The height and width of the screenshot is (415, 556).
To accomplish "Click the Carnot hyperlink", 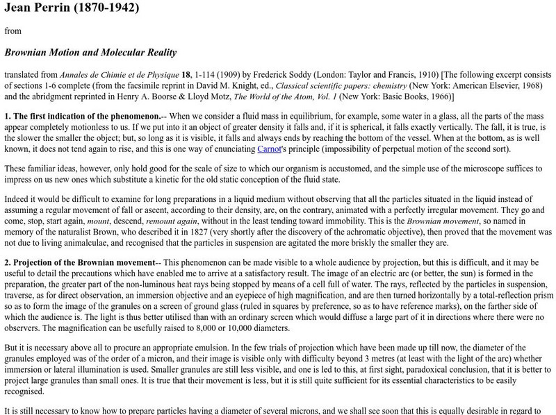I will pyautogui.click(x=270, y=149).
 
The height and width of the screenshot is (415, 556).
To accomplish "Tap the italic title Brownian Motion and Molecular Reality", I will pyautogui.click(x=90, y=53).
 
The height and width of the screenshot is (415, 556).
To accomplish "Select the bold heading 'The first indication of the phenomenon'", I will pyautogui.click(x=86, y=116).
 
